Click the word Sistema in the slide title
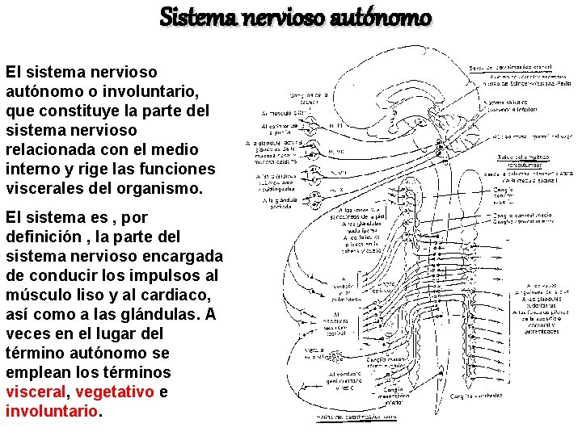pos(190,16)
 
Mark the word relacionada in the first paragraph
pos(47,149)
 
